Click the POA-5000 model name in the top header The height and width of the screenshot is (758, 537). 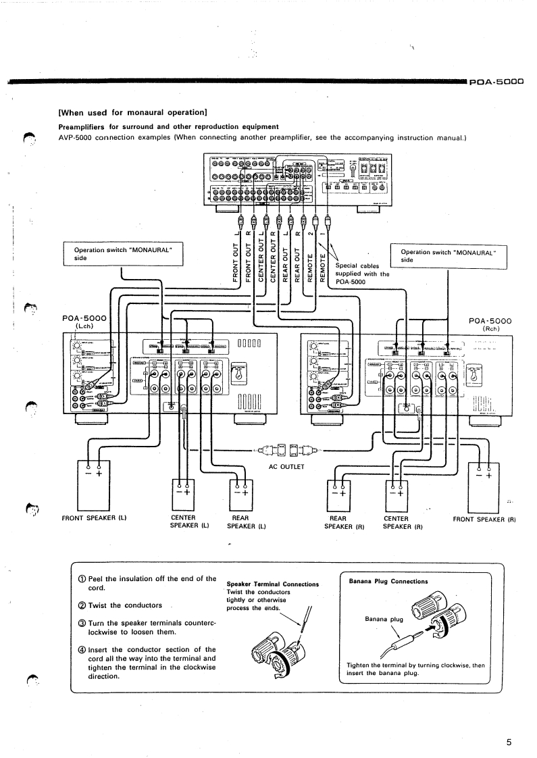pyautogui.click(x=497, y=82)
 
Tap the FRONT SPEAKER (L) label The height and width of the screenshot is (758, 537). pyautogui.click(x=95, y=518)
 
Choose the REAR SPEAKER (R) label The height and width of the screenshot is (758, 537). pyautogui.click(x=344, y=522)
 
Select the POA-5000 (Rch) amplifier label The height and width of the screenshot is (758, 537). pyautogui.click(x=490, y=325)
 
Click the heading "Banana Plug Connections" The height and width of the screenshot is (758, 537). pyautogui.click(x=388, y=581)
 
